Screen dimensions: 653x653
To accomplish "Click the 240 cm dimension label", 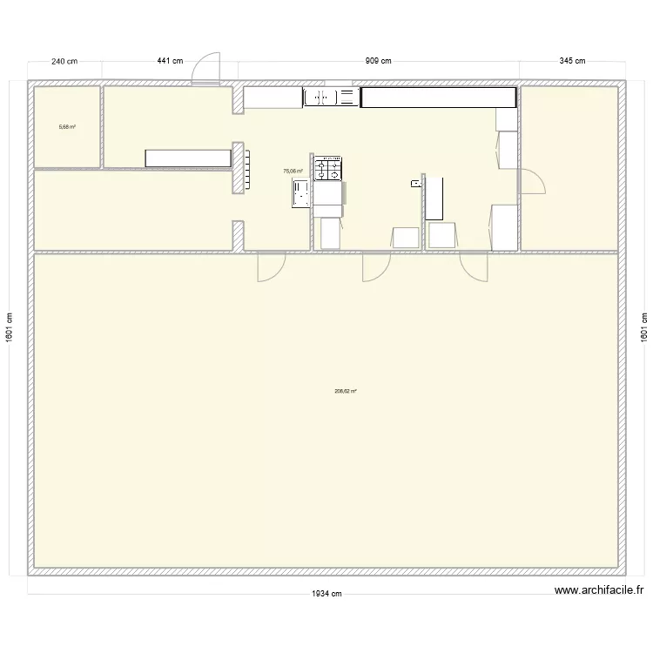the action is (64, 61).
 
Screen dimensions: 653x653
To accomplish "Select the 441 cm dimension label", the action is (170, 61).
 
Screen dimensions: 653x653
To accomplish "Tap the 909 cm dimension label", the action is (378, 61).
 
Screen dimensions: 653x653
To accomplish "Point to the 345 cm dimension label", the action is (572, 61).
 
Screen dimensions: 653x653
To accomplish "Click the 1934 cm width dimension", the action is (326, 594).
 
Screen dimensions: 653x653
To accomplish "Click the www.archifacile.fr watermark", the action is (599, 589).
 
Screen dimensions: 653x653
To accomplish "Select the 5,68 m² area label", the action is (67, 127).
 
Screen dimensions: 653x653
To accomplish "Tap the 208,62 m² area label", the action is (346, 391).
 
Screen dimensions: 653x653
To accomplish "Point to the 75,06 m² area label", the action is (293, 171).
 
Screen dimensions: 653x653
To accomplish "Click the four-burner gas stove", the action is (327, 168).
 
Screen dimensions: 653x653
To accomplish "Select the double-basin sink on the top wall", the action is (331, 97).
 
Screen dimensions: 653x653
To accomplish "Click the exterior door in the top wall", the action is (205, 69).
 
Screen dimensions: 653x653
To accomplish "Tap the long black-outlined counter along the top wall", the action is (439, 98).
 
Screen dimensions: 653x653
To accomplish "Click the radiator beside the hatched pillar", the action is (247, 170).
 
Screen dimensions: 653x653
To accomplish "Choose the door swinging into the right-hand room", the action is (531, 181).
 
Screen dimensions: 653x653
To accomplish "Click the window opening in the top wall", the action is (338, 83).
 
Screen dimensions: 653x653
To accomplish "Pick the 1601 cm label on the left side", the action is (10, 327).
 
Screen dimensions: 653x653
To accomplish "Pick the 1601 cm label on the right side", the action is (643, 327).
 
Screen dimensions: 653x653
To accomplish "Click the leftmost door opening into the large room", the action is (272, 266).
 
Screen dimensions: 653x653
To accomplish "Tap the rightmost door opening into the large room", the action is (474, 266).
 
